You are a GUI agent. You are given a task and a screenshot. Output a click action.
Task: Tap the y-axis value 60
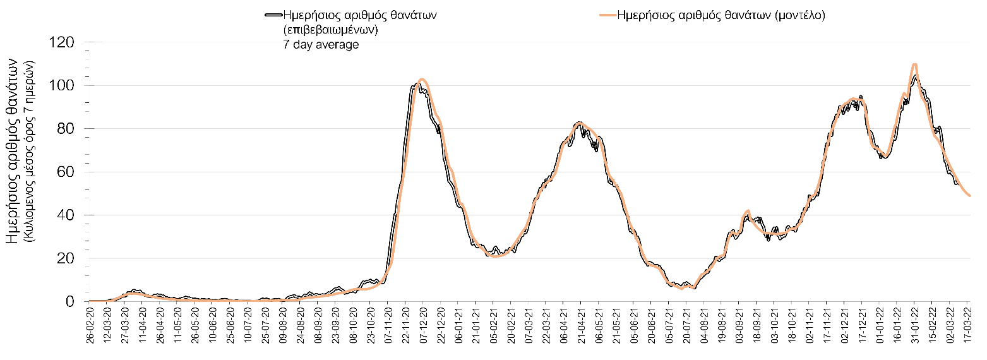(68, 172)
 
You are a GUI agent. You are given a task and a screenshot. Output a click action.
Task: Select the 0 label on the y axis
(71, 301)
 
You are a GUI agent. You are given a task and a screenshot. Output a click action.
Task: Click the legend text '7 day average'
(321, 44)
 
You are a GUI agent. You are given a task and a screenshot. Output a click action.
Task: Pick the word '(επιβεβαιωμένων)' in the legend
(331, 30)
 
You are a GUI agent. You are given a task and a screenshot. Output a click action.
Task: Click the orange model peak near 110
(914, 64)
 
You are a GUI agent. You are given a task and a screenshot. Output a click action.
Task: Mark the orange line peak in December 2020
(422, 79)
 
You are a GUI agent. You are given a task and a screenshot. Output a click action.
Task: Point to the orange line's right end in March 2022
(969, 196)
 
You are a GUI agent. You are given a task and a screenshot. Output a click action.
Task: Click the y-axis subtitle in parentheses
(28, 152)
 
